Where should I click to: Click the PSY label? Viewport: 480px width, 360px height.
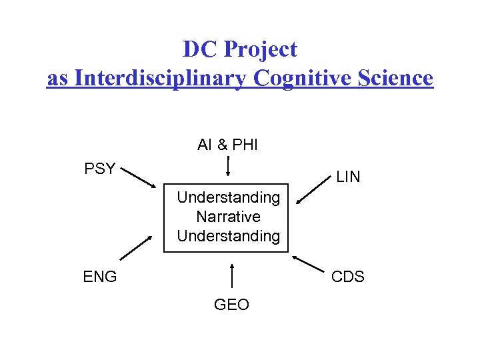(100, 169)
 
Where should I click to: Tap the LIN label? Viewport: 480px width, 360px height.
(348, 177)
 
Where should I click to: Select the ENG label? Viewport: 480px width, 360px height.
(100, 276)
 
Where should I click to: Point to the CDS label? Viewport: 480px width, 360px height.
(348, 276)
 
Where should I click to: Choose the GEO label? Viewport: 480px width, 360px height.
(231, 305)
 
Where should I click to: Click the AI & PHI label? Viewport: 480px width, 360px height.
(227, 145)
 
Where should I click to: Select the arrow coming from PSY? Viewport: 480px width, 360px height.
(141, 179)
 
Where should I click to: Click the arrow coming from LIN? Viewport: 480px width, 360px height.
(311, 193)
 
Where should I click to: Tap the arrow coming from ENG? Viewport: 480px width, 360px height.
(136, 249)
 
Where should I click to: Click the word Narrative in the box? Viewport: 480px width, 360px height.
(228, 217)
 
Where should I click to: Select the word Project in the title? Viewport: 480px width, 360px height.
(261, 49)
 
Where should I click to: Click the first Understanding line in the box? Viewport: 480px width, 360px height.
(228, 197)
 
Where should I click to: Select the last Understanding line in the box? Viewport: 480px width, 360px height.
(228, 235)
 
